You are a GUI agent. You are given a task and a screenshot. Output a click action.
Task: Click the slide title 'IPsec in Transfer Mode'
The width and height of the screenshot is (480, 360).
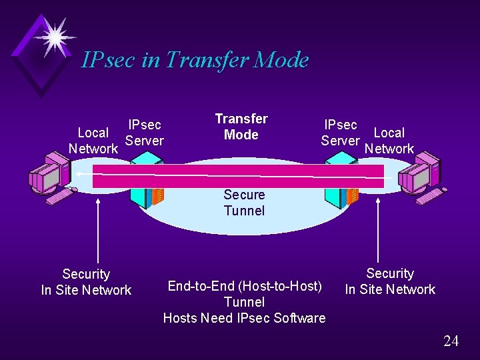[x=195, y=60]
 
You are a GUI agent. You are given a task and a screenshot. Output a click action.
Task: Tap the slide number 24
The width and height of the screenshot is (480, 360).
[x=451, y=341]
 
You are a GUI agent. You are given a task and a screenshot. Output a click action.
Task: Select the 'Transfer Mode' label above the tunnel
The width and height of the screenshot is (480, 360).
[x=241, y=127]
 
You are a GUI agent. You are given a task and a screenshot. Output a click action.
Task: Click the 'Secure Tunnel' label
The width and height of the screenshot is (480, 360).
[x=244, y=203]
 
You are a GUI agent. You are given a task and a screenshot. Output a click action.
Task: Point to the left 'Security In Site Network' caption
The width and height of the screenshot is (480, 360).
[x=86, y=282]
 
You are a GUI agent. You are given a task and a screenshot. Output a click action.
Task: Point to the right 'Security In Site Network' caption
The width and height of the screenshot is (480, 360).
[x=390, y=281]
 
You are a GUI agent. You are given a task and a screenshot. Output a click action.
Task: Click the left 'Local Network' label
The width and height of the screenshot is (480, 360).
[x=93, y=141]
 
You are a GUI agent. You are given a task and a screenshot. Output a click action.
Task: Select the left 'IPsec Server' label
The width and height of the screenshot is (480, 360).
[x=145, y=133]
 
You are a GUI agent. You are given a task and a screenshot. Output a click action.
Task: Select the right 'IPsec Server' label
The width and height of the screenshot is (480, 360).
[x=340, y=133]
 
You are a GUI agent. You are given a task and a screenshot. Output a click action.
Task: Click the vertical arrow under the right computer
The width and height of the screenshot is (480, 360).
[x=378, y=230]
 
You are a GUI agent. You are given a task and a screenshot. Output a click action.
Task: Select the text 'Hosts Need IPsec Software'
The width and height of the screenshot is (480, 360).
[x=244, y=318]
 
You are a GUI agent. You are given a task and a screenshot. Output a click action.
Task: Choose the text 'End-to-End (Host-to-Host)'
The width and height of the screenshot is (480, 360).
[x=245, y=286]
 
